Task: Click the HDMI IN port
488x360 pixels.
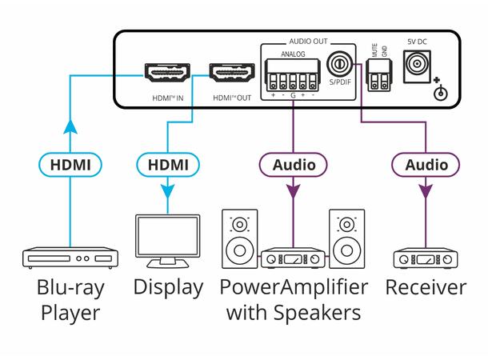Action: tap(166, 74)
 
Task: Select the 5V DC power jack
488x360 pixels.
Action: tap(417, 65)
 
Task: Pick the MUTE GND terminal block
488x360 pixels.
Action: tap(379, 77)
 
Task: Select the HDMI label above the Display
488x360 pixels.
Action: tap(167, 166)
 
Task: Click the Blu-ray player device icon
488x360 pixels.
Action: tap(71, 258)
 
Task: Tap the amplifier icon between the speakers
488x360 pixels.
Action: tap(294, 258)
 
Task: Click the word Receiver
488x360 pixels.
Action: tap(425, 288)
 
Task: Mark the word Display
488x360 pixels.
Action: tap(168, 288)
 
